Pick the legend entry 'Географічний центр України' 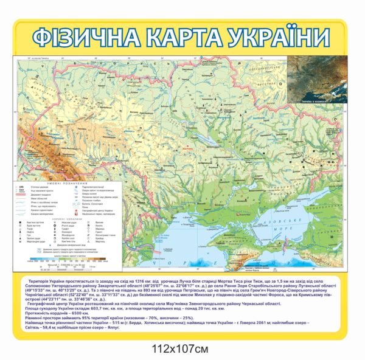click(97, 210)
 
